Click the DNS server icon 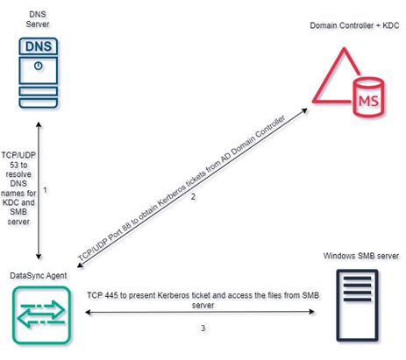[38, 69]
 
